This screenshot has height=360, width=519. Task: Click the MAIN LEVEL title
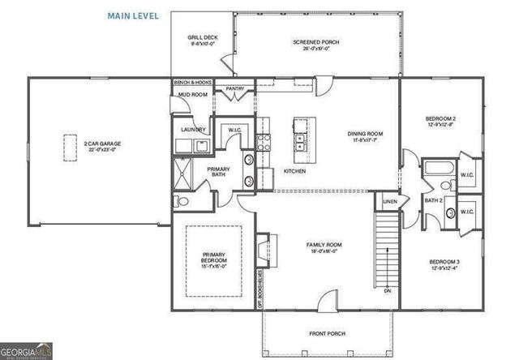point(134,15)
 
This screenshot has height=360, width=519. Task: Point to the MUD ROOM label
point(193,95)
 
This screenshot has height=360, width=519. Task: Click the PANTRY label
point(235,88)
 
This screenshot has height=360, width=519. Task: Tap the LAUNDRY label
point(193,130)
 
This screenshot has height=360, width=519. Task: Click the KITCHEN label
point(294,171)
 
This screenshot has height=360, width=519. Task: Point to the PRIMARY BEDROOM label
point(215,259)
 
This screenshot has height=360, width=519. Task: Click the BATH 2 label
point(434,199)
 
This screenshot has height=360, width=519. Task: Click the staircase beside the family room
point(388,247)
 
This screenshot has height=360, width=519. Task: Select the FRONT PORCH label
point(327,333)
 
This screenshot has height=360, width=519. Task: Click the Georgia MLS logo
point(27,352)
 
